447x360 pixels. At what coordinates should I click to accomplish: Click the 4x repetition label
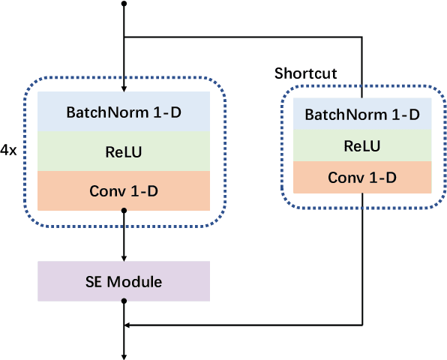9,150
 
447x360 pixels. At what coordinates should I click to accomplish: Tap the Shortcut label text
305,73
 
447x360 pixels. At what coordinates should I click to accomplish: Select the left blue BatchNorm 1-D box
124,112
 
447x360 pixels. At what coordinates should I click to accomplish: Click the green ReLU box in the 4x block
124,151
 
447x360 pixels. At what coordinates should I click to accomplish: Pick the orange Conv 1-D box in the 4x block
124,190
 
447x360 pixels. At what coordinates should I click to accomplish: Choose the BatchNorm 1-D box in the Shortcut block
362,115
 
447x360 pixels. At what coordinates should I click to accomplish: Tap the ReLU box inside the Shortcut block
362,145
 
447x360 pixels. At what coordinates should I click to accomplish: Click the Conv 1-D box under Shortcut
362,177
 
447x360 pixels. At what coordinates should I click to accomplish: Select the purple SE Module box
124,281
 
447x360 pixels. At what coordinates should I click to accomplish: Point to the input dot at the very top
124,4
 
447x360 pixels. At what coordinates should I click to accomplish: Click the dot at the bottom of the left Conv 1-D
124,211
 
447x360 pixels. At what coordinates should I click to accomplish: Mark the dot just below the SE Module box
124,301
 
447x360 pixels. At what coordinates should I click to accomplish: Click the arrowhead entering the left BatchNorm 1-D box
124,88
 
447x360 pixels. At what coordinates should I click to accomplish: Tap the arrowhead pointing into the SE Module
124,256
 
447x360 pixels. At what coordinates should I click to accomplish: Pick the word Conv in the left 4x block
104,190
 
